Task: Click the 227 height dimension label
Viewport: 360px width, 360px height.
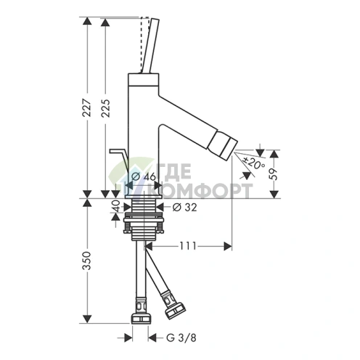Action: point(87,107)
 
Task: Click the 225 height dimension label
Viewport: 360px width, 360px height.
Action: point(105,108)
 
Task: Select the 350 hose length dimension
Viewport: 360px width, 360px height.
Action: point(86,261)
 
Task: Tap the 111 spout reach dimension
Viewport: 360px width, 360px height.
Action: point(188,246)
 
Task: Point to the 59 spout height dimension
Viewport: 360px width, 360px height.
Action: point(274,174)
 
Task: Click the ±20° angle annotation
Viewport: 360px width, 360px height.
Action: point(253,163)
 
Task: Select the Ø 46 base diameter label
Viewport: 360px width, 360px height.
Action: point(144,176)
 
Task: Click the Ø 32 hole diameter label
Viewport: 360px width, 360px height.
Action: point(184,208)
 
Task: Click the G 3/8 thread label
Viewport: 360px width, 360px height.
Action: point(181,337)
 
